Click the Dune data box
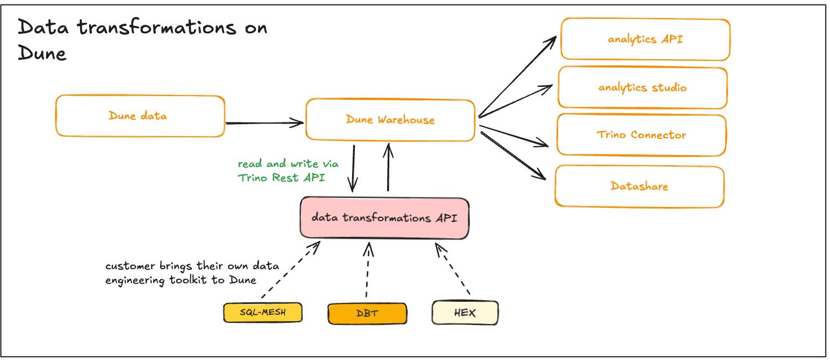pos(140,116)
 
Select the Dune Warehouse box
pos(390,120)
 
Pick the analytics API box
pos(645,39)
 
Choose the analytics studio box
pos(642,88)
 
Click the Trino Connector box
pos(641,135)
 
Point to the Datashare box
pos(639,186)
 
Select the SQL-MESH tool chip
pos(262,313)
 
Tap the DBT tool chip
pos(367,314)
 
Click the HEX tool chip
pos(465,313)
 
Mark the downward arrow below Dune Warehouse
pos(354,168)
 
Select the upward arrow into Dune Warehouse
pos(388,167)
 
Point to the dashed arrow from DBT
pos(367,271)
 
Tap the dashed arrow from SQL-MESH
pos(291,270)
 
